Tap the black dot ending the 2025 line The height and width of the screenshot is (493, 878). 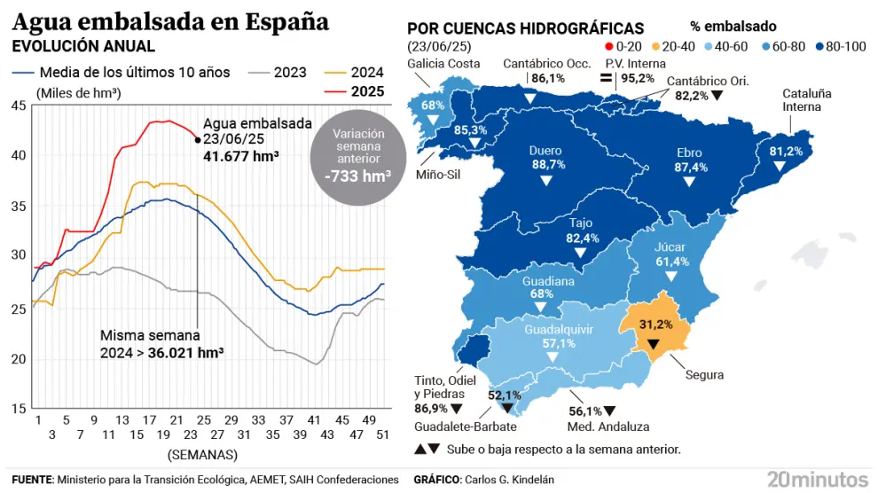click(197, 139)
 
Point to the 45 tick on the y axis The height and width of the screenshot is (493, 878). click(18, 106)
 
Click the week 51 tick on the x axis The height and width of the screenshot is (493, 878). click(381, 421)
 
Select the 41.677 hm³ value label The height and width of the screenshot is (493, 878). click(240, 155)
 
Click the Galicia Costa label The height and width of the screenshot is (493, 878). click(443, 63)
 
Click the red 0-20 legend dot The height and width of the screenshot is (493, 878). click(596, 46)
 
